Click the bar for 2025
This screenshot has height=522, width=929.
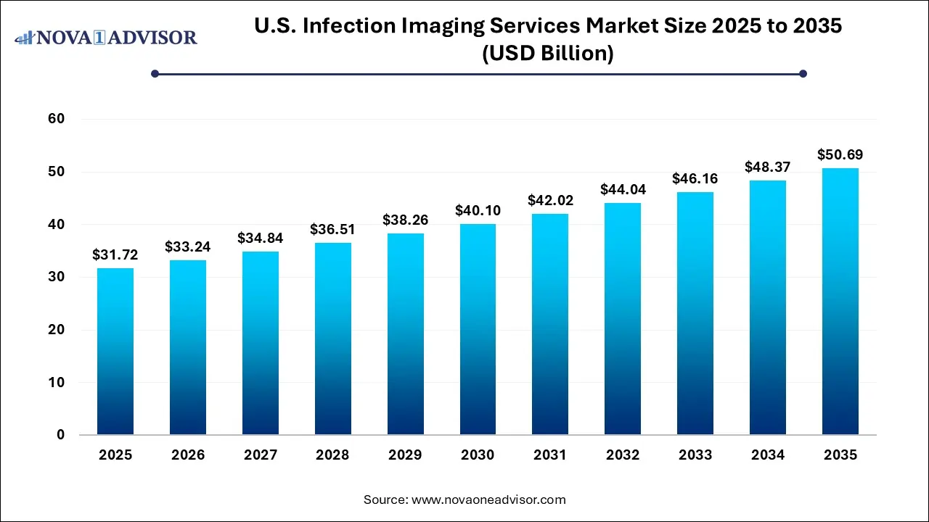click(115, 352)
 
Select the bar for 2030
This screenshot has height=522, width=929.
click(478, 329)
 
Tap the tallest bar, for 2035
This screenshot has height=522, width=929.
click(840, 302)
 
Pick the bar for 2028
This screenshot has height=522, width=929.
click(332, 339)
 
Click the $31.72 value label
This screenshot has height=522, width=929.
click(115, 254)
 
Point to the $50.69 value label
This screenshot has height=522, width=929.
click(840, 154)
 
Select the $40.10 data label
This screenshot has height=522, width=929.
click(478, 210)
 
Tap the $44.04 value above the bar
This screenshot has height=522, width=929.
click(623, 189)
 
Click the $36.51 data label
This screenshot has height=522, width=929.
click(332, 229)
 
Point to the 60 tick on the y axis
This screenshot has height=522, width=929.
click(57, 119)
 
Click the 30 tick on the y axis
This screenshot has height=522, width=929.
click(57, 277)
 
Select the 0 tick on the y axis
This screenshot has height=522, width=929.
click(61, 435)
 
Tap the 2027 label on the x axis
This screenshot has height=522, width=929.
click(261, 455)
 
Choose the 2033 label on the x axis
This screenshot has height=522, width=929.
click(695, 455)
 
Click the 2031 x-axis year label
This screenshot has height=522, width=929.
click(550, 455)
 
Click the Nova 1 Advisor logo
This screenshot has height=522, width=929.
click(106, 37)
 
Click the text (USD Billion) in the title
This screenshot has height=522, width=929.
click(548, 53)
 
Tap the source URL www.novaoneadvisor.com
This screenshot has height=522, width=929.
click(488, 500)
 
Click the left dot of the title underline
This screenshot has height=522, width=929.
click(155, 73)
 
